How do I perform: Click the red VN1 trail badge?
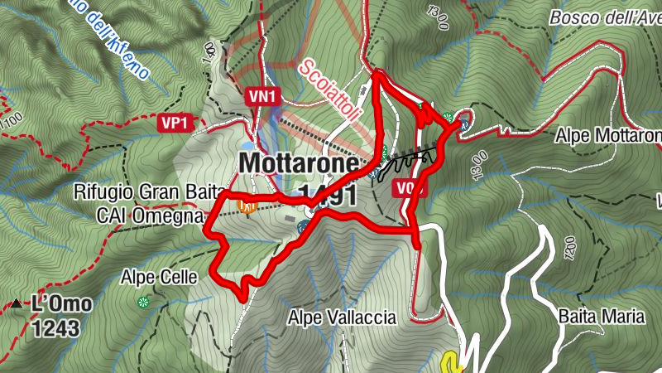coord(261,97)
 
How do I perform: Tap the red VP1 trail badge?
coord(175,123)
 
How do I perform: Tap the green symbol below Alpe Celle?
coord(142,302)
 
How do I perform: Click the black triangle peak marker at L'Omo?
coord(17,304)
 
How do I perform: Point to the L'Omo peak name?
coord(61,304)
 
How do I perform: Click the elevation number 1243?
coord(55,328)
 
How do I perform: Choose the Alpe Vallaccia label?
coord(342,317)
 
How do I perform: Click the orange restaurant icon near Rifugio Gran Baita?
coord(245,205)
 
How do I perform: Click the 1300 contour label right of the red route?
coord(481,155)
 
